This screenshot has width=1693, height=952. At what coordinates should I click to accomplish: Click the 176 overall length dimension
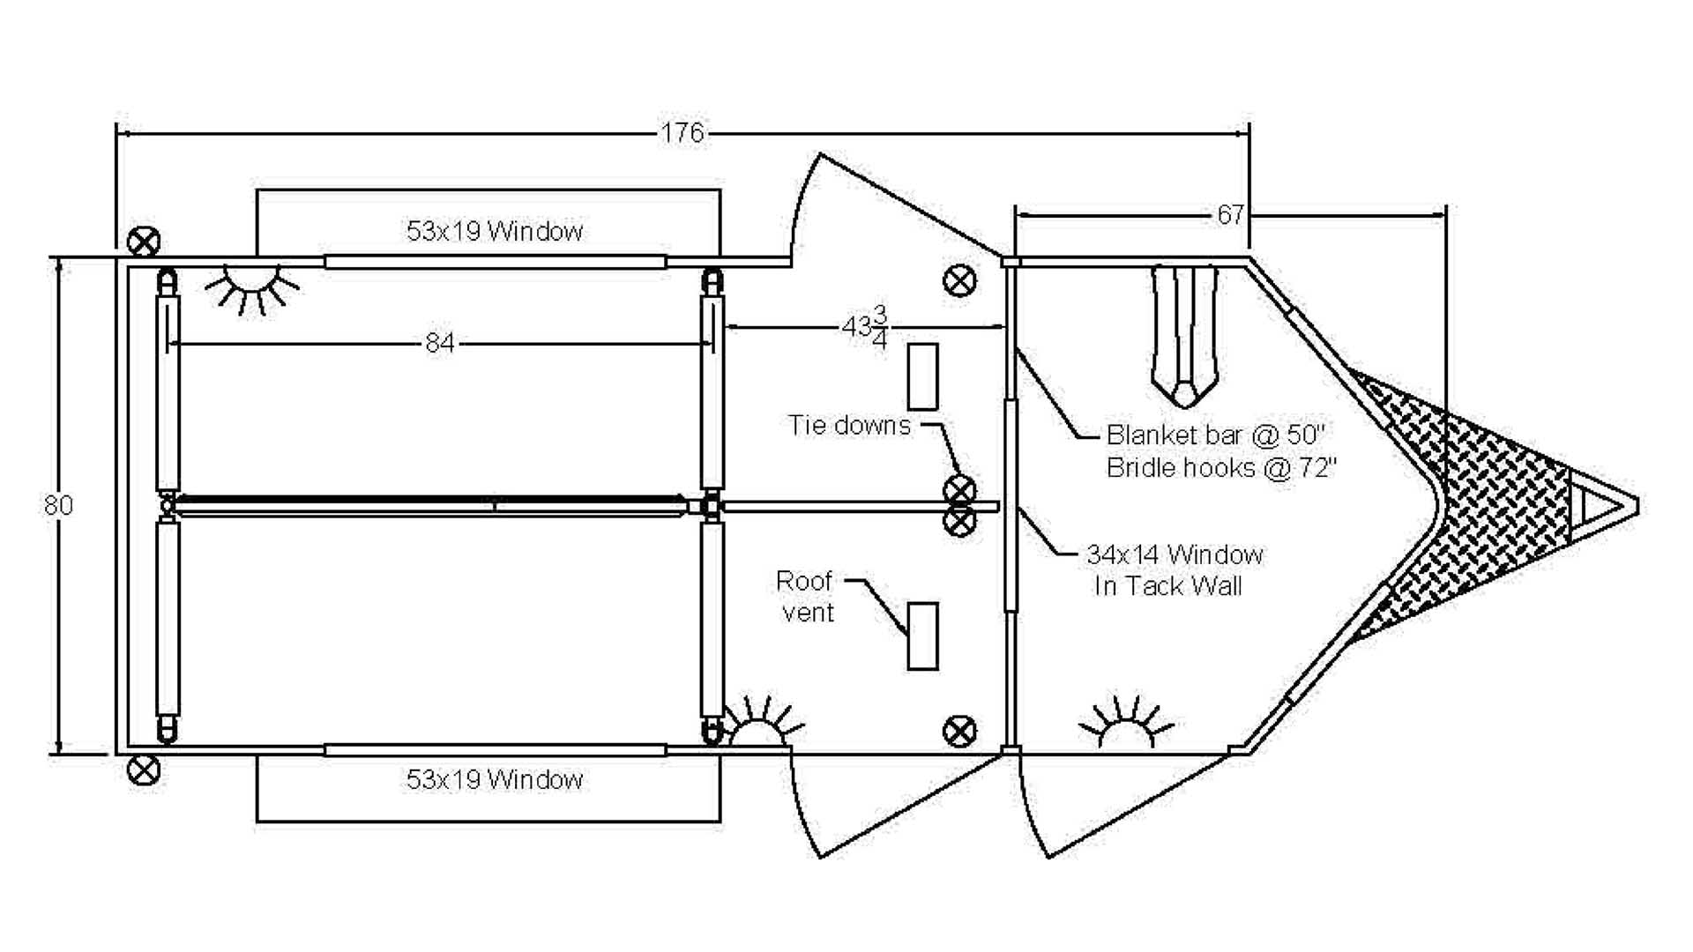tap(682, 133)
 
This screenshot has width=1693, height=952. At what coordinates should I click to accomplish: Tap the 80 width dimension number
tap(58, 505)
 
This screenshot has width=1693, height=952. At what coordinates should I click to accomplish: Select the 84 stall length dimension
tap(440, 342)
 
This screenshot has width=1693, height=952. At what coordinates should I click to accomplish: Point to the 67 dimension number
tap(1230, 214)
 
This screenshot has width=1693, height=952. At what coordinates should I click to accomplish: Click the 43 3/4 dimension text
tap(864, 327)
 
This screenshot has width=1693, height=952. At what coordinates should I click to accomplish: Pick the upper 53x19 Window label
tap(495, 231)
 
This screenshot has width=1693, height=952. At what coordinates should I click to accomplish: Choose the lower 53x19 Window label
tap(495, 779)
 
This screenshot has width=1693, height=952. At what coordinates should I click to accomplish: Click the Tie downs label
tap(849, 425)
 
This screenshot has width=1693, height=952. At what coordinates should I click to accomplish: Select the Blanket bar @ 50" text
tap(1216, 435)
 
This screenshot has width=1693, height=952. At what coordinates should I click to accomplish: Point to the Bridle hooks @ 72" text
tap(1221, 467)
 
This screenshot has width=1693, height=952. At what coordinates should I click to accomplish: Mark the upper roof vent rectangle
tap(922, 376)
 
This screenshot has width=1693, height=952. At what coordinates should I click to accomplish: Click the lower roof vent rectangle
tap(922, 636)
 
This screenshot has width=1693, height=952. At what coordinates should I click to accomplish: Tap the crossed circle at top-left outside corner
tap(144, 241)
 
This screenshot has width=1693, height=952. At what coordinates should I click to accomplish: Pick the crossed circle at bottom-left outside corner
tap(144, 770)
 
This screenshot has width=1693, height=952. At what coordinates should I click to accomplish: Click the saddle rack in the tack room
tap(1184, 335)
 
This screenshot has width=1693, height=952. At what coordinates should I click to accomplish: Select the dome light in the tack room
tap(1125, 726)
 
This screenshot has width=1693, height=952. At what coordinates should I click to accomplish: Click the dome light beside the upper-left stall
tap(252, 284)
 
